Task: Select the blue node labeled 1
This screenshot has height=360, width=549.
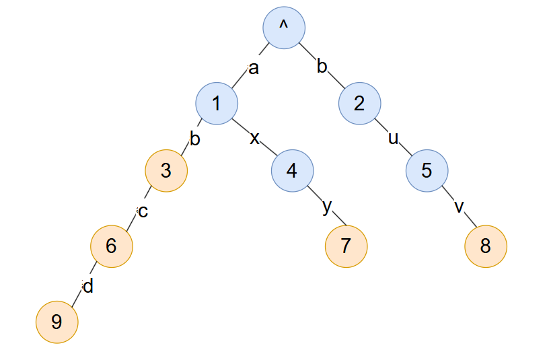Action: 217,104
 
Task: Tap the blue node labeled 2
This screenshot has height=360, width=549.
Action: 359,104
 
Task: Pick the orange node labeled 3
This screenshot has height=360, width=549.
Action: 166,170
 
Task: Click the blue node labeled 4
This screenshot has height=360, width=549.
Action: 292,170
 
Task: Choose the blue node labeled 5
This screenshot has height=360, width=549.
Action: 427,170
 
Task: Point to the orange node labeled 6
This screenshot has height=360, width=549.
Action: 112,246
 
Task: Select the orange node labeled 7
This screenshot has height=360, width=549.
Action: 346,246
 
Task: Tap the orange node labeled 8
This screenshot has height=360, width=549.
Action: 485,246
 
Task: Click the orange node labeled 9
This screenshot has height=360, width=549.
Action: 57,322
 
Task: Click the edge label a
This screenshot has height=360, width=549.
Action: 253,68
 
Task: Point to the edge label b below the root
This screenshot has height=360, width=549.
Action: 322,67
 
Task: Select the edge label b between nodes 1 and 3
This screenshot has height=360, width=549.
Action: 194,139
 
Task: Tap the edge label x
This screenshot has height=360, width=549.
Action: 254,138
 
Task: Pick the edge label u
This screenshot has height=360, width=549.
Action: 394,139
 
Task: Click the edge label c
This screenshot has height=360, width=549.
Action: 142,211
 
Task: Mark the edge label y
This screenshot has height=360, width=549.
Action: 327,207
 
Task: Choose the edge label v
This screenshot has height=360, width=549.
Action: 460,207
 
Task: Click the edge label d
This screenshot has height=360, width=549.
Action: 87,286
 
